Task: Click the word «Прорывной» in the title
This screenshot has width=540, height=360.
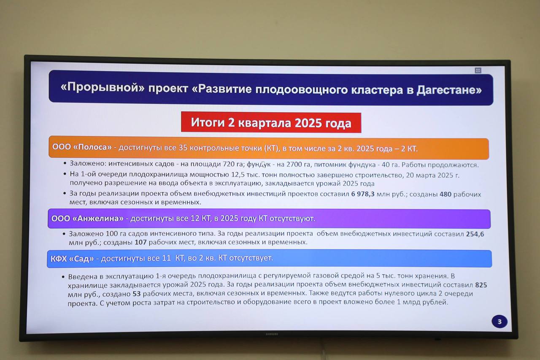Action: coord(103,87)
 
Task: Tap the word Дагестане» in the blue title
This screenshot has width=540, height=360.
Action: coord(449,90)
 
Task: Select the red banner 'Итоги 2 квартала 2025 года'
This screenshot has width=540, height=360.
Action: coord(271,122)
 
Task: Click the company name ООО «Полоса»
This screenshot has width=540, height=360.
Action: coord(82,147)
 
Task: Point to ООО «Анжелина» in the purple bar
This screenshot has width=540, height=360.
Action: coord(87,219)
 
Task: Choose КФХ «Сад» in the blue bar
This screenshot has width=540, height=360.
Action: coord(72,259)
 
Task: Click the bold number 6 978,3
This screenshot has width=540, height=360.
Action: coord(362,194)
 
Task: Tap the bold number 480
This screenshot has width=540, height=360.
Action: coord(445,194)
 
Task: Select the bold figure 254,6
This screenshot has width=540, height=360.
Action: coord(475,234)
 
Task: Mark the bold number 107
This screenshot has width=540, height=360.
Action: coord(140,242)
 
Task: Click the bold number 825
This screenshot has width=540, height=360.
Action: coord(481,285)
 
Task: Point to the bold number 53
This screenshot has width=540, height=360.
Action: coord(137,294)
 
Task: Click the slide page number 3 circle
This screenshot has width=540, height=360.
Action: coord(499,322)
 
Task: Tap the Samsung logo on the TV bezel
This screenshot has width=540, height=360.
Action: coord(272,334)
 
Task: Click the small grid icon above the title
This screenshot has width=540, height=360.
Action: coord(478,70)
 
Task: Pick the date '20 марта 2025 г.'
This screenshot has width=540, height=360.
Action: coord(433,175)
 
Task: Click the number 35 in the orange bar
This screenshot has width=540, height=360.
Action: coord(183,148)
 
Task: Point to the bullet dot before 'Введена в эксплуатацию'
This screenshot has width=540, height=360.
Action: coord(63,276)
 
